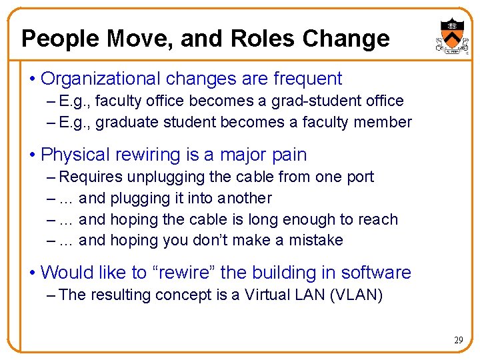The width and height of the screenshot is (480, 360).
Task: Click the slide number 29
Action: pyautogui.click(x=459, y=340)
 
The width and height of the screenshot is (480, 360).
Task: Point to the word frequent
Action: pyautogui.click(x=307, y=79)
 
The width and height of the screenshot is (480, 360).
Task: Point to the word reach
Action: pyautogui.click(x=377, y=219)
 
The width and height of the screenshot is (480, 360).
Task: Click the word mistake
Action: pyautogui.click(x=315, y=240)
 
